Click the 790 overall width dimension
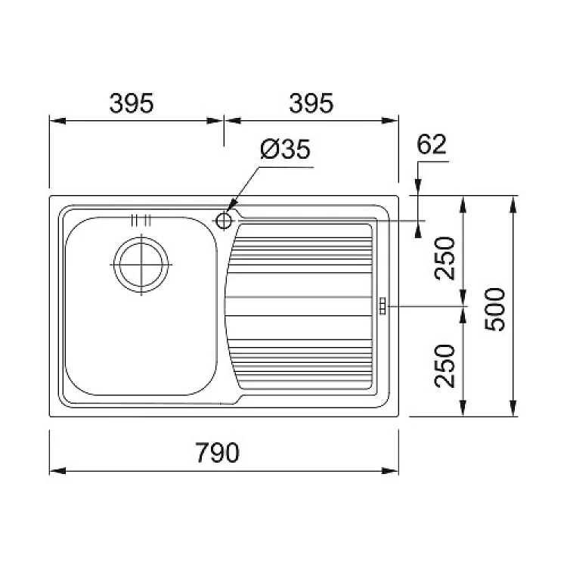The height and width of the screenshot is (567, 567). pyautogui.click(x=217, y=452)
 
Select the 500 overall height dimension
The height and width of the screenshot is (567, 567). pyautogui.click(x=494, y=309)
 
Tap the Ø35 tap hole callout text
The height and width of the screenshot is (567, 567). pyautogui.click(x=285, y=149)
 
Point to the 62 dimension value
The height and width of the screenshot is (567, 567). pyautogui.click(x=432, y=144)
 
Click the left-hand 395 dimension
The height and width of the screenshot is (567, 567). pyautogui.click(x=132, y=103)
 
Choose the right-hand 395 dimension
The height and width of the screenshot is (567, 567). pyautogui.click(x=311, y=103)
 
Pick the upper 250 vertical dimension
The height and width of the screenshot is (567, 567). pyautogui.click(x=445, y=259)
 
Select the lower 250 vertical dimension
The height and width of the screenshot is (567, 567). pyautogui.click(x=445, y=366)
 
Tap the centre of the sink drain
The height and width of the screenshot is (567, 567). pyautogui.click(x=141, y=265)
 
